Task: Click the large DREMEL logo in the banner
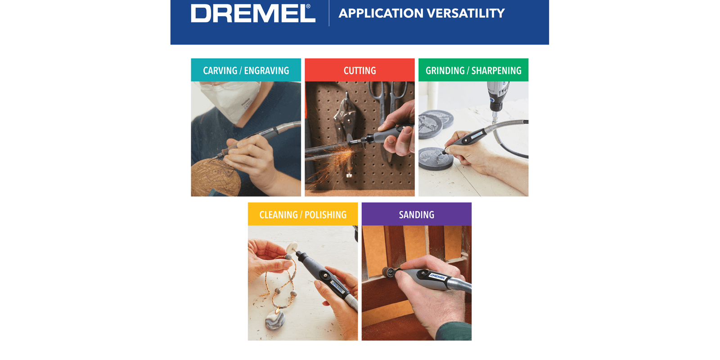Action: point(253,13)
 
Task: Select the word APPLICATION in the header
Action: point(381,13)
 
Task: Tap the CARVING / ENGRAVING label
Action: point(246,70)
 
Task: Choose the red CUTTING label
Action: point(360,70)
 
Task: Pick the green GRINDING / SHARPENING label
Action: point(473,70)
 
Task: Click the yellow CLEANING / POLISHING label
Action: point(303,214)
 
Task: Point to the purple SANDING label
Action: point(417,214)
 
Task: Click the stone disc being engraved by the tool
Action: point(436,158)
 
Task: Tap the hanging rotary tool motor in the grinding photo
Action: point(496,96)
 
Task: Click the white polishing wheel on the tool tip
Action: point(292,247)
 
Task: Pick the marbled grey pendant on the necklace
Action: point(275,319)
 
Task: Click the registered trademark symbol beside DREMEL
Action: point(308,6)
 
